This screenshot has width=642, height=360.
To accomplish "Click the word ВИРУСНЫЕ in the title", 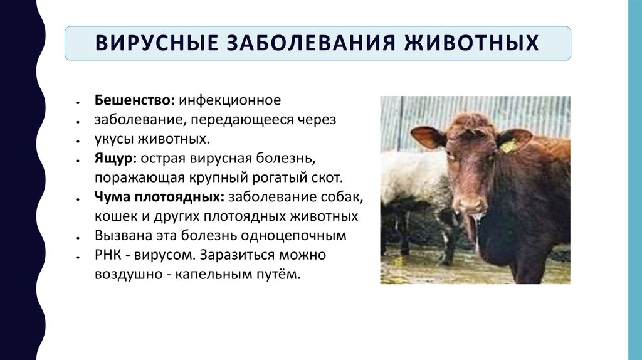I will pos(150,43).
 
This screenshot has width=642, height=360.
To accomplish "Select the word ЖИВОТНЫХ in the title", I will pos(474,43).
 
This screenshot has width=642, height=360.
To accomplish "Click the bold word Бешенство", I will pos(135,100).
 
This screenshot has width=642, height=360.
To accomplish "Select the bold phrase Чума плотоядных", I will pos(160,198).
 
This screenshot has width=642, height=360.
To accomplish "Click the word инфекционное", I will pos(231,100).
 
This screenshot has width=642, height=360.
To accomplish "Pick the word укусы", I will pos(113,139).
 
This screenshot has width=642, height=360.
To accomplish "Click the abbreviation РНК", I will pos(108,256).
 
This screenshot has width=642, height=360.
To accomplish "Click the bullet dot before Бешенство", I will pos(76,102).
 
